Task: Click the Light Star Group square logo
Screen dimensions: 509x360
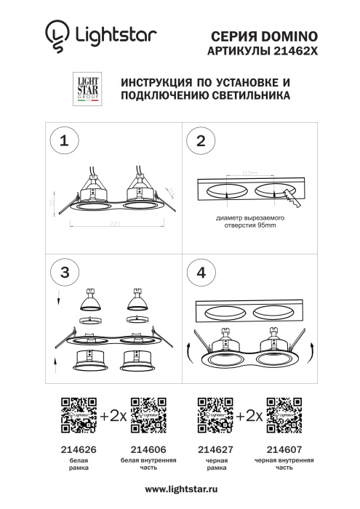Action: pos(88,89)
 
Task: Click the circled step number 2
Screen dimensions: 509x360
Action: pos(201,141)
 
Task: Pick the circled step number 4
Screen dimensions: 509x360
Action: pos(201,272)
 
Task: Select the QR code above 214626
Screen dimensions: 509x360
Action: pos(79,415)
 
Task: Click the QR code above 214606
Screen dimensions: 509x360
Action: pos(148,415)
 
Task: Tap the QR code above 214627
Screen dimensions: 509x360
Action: pos(215,415)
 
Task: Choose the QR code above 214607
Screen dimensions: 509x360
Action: pos(284,415)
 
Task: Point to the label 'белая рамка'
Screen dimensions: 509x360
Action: pos(79,465)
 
